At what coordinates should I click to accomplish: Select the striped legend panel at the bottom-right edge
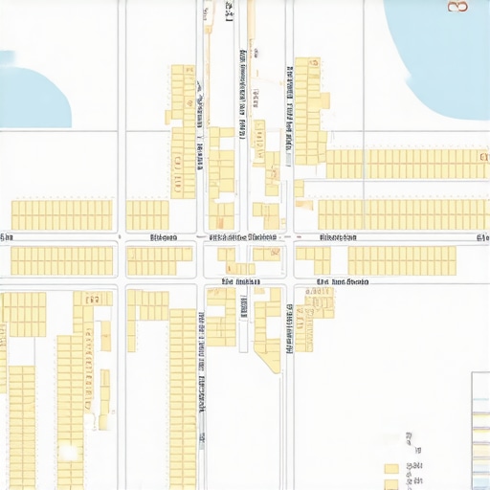coord(480,431)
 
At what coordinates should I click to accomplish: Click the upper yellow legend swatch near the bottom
coord(391,469)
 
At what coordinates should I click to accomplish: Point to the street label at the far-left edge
coord(6,236)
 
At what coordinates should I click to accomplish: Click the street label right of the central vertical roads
coord(338,236)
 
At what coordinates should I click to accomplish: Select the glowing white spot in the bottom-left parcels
coord(67,451)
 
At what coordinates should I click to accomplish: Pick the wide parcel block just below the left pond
coord(62,214)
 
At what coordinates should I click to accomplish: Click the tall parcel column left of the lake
coord(308,110)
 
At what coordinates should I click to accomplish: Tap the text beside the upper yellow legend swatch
coord(413,468)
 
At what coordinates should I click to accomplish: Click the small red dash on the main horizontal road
coord(297,236)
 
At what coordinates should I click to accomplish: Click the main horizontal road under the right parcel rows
coord(402,236)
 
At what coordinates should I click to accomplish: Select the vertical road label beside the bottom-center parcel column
coord(201,383)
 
